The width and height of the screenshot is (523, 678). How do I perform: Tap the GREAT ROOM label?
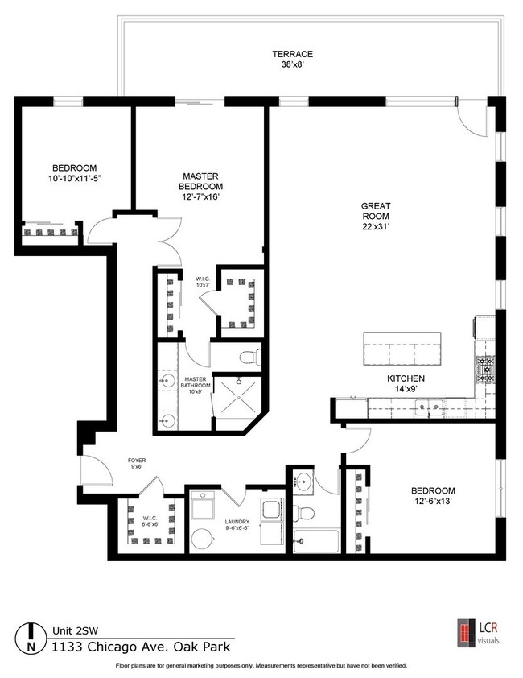coord(375,211)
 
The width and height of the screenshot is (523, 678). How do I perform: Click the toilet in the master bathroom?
coord(252,356)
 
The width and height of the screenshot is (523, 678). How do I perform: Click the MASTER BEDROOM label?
coord(201,182)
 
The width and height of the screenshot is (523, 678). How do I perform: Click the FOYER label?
coord(137,463)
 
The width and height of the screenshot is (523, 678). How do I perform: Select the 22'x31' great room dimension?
coord(375,227)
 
